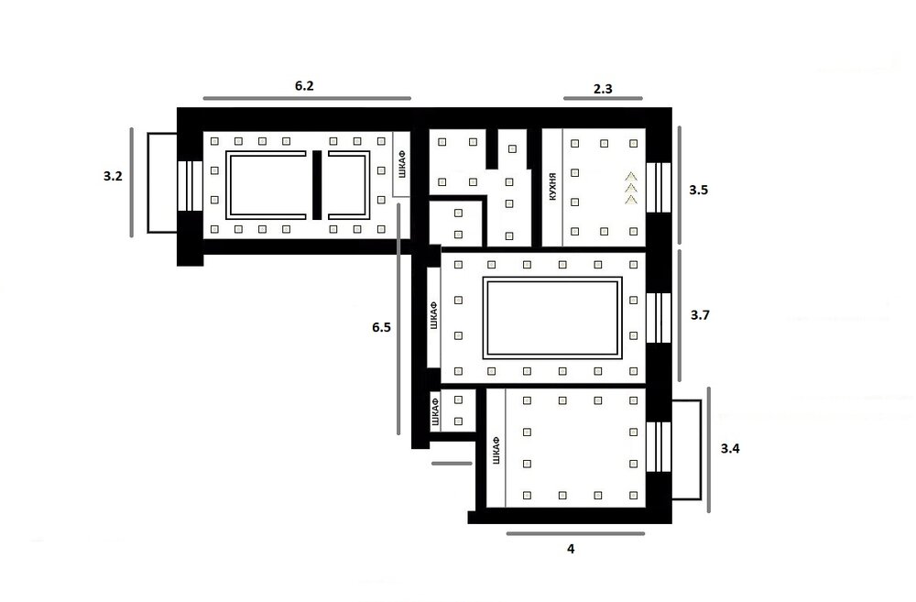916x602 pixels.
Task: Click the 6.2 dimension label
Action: (304, 86)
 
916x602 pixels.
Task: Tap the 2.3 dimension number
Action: (603, 89)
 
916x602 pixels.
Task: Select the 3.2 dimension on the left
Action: (113, 176)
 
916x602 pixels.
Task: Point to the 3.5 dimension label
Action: (699, 190)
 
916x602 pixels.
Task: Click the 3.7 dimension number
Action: (700, 315)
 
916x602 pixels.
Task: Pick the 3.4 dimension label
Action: (730, 448)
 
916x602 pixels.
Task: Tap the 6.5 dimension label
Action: (381, 327)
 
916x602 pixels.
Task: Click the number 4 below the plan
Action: (571, 549)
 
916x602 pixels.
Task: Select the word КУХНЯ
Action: (552, 187)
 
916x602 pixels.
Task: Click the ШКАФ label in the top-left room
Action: (401, 164)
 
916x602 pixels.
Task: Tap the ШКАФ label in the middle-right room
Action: (433, 315)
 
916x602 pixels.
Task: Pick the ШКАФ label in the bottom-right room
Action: (496, 451)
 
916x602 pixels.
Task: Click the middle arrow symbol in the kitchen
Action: (631, 188)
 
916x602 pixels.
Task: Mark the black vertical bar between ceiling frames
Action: (317, 185)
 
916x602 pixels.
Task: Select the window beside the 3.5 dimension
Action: (659, 188)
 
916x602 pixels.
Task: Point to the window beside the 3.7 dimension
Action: (659, 318)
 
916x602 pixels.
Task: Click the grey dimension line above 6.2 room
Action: (307, 98)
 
